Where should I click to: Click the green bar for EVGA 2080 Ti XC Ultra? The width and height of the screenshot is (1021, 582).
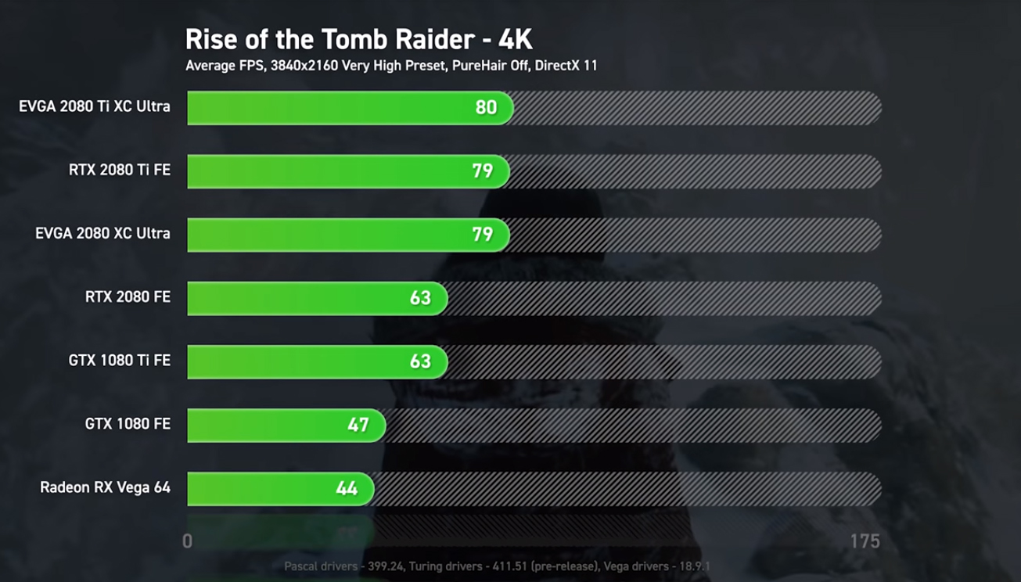[329, 107]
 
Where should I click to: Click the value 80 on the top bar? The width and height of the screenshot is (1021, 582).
[486, 107]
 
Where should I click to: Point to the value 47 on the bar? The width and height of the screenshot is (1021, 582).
[358, 425]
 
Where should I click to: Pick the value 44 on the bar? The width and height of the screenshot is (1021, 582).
[347, 488]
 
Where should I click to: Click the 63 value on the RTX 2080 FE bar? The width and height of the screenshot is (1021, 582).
[420, 298]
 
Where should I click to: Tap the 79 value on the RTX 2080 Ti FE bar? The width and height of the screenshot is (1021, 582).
[482, 171]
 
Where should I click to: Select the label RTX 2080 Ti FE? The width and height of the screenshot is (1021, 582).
[119, 170]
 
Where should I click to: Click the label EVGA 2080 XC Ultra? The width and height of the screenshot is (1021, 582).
[102, 233]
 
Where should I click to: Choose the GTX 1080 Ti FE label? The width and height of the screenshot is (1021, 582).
[119, 361]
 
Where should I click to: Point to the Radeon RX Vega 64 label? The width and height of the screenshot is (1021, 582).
[105, 487]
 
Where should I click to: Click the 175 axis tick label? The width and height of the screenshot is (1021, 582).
[865, 541]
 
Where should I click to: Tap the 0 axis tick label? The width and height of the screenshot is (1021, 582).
[187, 541]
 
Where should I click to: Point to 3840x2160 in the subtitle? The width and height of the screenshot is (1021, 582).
[304, 66]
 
